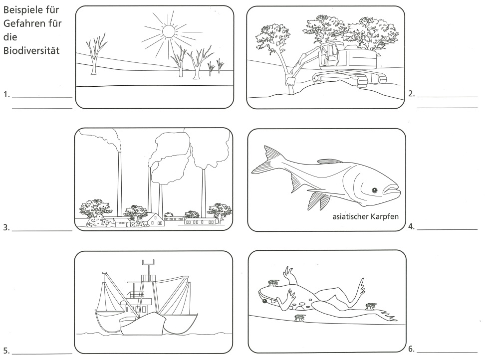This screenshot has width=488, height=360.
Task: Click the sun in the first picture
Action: coord(169,31)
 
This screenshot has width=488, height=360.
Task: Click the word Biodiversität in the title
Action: coord(31,51)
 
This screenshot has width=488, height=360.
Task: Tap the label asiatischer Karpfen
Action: coord(365,216)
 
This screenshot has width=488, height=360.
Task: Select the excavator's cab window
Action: coord(330,54)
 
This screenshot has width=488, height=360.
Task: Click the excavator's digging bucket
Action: coord(289,80)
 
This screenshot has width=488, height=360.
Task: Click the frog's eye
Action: coord(264,301)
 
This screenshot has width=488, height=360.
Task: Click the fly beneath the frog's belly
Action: coord(300,318)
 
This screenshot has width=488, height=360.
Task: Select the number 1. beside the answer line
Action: coord(6,95)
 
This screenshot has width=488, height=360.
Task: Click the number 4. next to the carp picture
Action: coord(412,227)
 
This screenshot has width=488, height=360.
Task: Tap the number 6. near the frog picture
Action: coord(412,349)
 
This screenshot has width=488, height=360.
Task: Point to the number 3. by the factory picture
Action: coord(6,227)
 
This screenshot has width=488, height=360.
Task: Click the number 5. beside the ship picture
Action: coord(6,351)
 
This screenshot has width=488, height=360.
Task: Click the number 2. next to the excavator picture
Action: coord(412,94)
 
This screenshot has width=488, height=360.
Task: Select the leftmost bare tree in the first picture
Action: coord(95,54)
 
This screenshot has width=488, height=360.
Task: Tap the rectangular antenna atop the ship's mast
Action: coord(148,262)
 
